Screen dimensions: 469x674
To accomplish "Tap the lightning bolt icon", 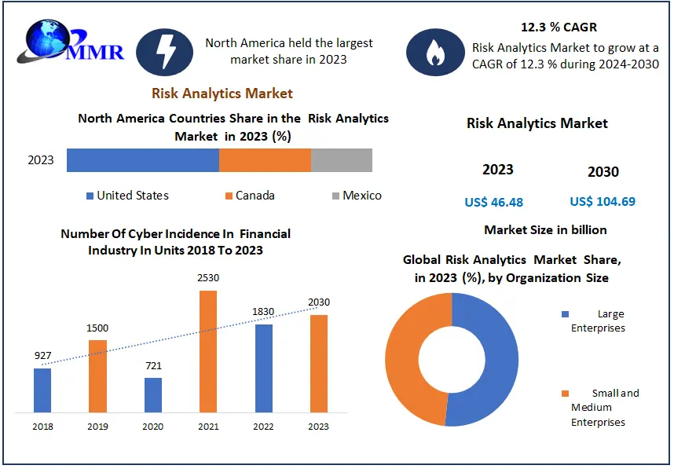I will [165, 52].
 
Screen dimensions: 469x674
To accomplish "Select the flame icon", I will [434, 52].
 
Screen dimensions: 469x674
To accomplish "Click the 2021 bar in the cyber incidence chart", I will [207, 351].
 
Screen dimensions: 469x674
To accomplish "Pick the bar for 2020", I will [153, 395].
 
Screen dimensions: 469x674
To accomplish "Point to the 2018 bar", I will [42, 390].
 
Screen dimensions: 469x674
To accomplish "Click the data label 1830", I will [263, 312].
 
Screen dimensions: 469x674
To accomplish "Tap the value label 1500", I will [97, 328].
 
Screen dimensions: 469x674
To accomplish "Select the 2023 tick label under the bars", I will [318, 427].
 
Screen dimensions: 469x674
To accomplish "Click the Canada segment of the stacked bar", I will [265, 160].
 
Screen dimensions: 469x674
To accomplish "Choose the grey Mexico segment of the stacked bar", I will [342, 160].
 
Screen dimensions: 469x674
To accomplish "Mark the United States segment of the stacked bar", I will [142, 160].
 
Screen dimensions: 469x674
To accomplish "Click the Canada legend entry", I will [250, 196].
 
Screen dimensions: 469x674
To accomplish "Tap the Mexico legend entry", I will [357, 196].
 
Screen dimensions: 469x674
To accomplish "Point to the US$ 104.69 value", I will [603, 202].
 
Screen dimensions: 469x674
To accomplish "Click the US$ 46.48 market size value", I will [493, 203].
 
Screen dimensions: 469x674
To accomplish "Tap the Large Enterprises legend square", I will [565, 314].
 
